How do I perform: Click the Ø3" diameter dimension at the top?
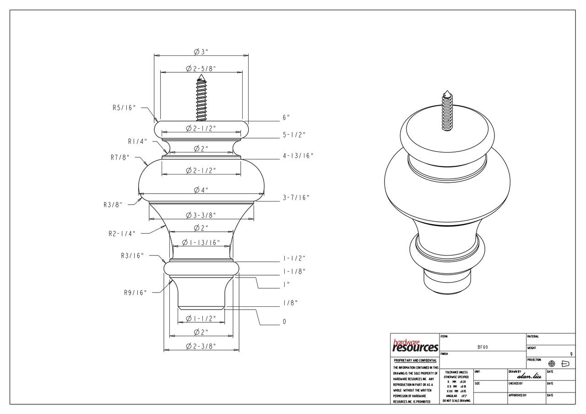(x=201, y=52)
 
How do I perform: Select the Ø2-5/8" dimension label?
(x=201, y=69)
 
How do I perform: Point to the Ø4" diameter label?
(x=201, y=190)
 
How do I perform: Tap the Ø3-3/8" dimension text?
(x=201, y=215)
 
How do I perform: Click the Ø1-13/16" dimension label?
(x=201, y=242)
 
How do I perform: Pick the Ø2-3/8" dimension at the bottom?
(x=201, y=347)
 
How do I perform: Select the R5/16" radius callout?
(x=125, y=108)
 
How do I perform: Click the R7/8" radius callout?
(x=120, y=158)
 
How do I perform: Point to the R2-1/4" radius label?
(x=122, y=234)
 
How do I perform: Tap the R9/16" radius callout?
(x=135, y=293)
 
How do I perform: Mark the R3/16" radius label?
(x=132, y=256)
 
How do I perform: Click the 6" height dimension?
(x=286, y=118)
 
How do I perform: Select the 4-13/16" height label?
(x=298, y=156)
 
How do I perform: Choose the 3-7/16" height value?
(x=296, y=198)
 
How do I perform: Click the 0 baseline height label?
(x=284, y=322)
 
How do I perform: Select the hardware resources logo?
(x=415, y=346)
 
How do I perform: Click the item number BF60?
(x=483, y=347)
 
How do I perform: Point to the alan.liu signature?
(x=529, y=376)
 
